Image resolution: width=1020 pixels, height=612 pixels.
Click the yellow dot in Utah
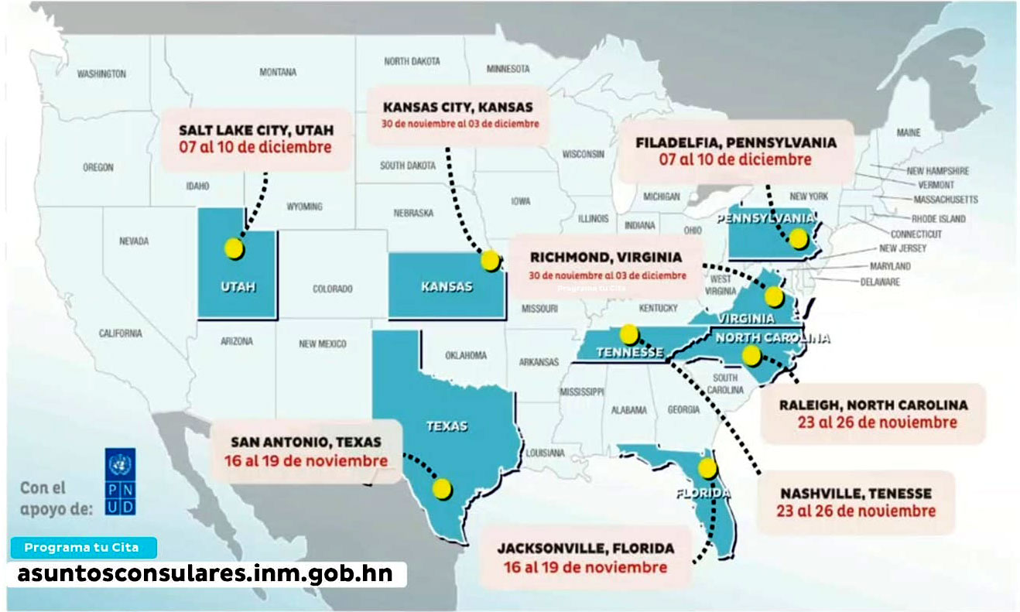[x=234, y=248]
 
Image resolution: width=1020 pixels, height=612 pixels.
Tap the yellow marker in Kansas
[x=490, y=261]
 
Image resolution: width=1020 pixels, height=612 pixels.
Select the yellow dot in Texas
[x=442, y=488]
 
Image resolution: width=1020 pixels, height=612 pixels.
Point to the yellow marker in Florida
[x=707, y=468]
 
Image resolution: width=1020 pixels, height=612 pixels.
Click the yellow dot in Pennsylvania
[x=798, y=238]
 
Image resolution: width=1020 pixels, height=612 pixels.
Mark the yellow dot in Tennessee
[x=630, y=334]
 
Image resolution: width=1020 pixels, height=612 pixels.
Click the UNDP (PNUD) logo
[x=120, y=481]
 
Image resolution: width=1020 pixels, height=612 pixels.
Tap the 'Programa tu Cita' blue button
[x=82, y=548]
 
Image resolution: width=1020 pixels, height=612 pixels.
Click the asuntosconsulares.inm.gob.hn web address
[x=205, y=573]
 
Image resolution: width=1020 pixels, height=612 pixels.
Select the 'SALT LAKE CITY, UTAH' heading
[x=256, y=129]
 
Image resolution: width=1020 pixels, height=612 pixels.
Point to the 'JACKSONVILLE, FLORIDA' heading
[x=585, y=549]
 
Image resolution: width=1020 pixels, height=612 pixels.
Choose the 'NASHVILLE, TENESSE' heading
[x=856, y=493]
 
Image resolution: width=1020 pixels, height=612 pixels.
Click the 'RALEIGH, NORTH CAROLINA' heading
[x=873, y=405]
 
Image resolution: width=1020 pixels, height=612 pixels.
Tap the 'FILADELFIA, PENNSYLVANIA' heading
[x=735, y=142]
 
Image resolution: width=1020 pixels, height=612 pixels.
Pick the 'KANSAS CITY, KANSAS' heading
[x=458, y=106]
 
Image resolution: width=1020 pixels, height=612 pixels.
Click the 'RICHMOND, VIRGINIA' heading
[x=606, y=257]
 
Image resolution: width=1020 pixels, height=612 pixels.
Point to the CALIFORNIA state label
[x=120, y=333]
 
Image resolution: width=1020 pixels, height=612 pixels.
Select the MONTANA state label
[x=277, y=72]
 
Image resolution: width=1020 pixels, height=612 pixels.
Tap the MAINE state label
[x=909, y=132]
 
